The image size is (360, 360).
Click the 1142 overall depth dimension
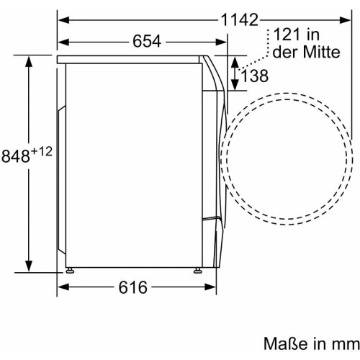click(239, 20)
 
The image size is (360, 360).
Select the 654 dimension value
click(147, 41)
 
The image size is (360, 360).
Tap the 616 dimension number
click(132, 287)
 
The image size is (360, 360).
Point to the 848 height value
click(16, 156)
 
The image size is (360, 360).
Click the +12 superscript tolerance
click(42, 152)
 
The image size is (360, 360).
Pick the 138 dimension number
click(254, 76)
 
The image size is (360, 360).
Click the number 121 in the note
click(287, 35)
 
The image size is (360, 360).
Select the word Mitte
click(321, 52)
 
